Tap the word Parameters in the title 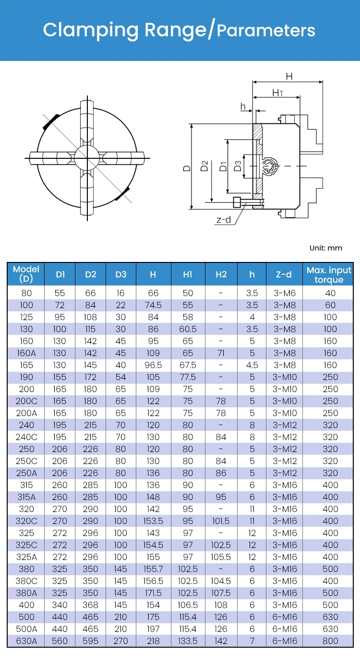pos(266,31)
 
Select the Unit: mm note pos(326,248)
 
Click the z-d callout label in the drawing pos(224,220)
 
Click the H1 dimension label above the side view pos(277,92)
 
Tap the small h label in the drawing pos(243,107)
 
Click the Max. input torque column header pos(329,274)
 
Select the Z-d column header pos(284,274)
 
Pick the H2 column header pos(221,274)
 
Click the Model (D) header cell pos(26,274)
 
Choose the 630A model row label pos(26,641)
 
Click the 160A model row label pos(26,353)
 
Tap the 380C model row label pos(26,581)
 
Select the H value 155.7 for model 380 pos(153,569)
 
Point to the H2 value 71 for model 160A pos(221,353)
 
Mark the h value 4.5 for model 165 pos(252,365)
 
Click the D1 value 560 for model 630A pos(60,641)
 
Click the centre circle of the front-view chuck pos(87,157)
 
